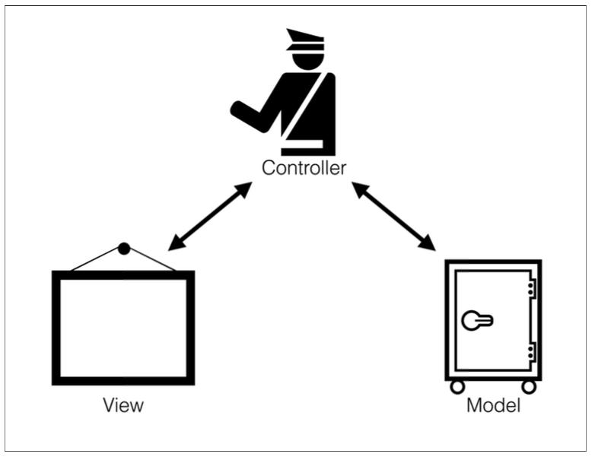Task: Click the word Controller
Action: [x=304, y=167]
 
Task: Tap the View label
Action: [x=123, y=404]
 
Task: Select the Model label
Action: [x=493, y=404]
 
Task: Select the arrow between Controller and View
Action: [x=210, y=217]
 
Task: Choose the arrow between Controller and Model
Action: [x=393, y=217]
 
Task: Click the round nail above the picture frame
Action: [x=124, y=248]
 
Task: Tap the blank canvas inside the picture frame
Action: [x=123, y=327]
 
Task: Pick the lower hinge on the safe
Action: [x=530, y=351]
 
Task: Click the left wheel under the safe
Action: [x=457, y=386]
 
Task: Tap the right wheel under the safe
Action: [x=529, y=386]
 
